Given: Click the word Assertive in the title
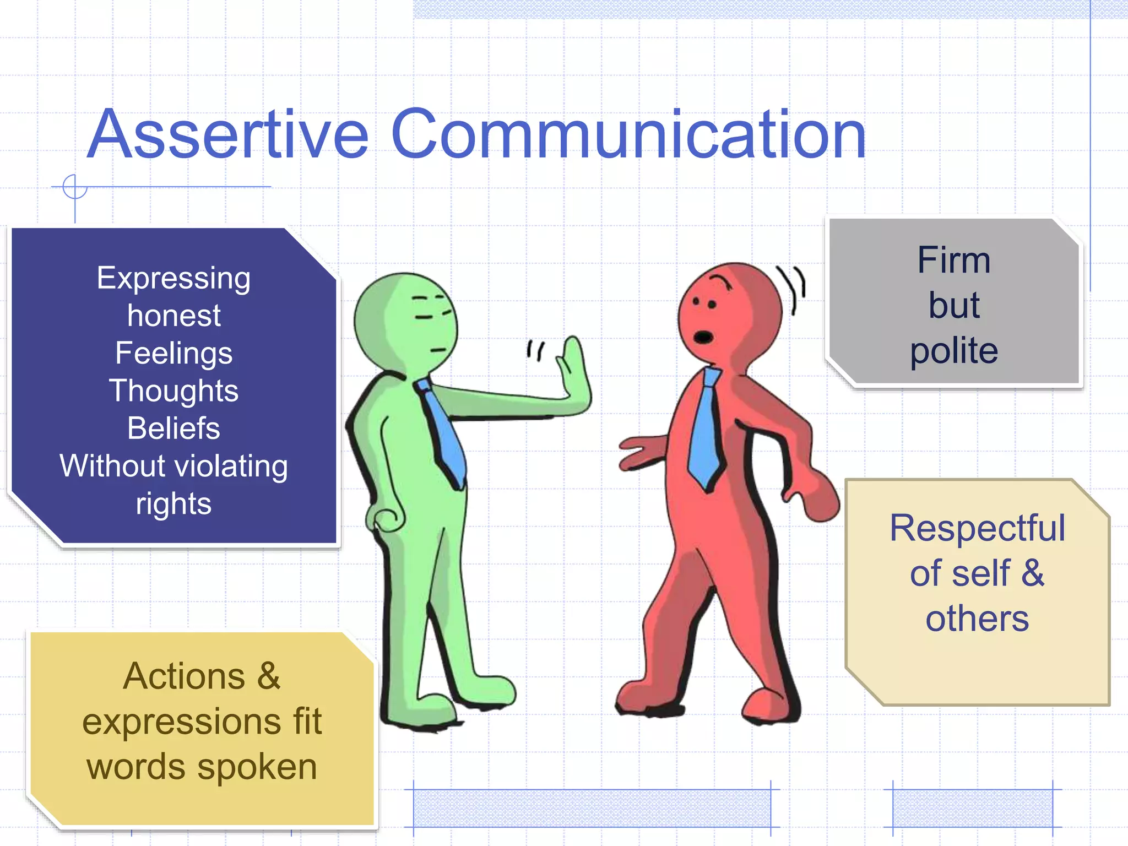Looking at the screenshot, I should coord(227,134).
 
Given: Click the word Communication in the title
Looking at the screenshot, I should coord(628,134).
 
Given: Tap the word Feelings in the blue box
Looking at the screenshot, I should coord(173,353).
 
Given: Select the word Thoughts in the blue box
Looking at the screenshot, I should coord(173,391).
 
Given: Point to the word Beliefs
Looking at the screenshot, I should coord(173,428).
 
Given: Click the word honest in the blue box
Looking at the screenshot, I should coord(173,316).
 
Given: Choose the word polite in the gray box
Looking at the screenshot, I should coord(953,351).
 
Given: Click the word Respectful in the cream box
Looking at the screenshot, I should coord(977,528).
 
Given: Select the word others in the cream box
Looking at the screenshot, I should coord(977,619).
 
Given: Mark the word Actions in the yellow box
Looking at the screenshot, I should coord(183,676).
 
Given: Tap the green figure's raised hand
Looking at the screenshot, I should coord(574,375).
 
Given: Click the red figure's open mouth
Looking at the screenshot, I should coord(703,337).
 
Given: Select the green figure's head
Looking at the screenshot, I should coord(405,323).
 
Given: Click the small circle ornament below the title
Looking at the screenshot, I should coord(74,187).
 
